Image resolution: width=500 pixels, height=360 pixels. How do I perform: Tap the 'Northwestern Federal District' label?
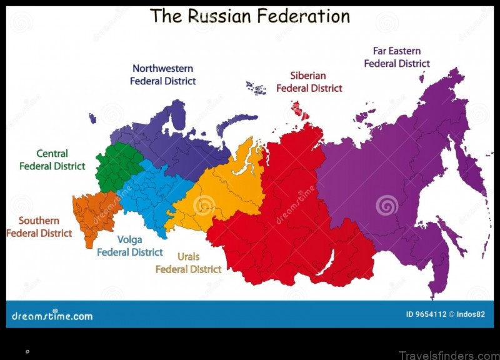coord(162,74)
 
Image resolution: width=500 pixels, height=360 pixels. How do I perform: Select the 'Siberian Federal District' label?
coord(309,82)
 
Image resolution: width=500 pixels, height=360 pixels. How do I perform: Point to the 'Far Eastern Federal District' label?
coord(397,57)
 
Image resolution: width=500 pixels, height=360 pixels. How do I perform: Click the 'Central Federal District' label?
coord(52,159)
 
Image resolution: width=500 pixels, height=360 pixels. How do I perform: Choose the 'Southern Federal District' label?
coord(39,227)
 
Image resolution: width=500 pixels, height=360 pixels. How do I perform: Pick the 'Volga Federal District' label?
coord(129,246)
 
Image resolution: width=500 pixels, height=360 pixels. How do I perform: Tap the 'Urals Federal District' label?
coord(188,262)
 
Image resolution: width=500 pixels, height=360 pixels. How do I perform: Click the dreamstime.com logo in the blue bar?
coord(52,315)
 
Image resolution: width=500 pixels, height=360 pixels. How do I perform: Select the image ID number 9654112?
coord(424,314)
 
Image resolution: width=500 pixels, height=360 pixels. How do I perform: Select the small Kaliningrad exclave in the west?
coord(92,117)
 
